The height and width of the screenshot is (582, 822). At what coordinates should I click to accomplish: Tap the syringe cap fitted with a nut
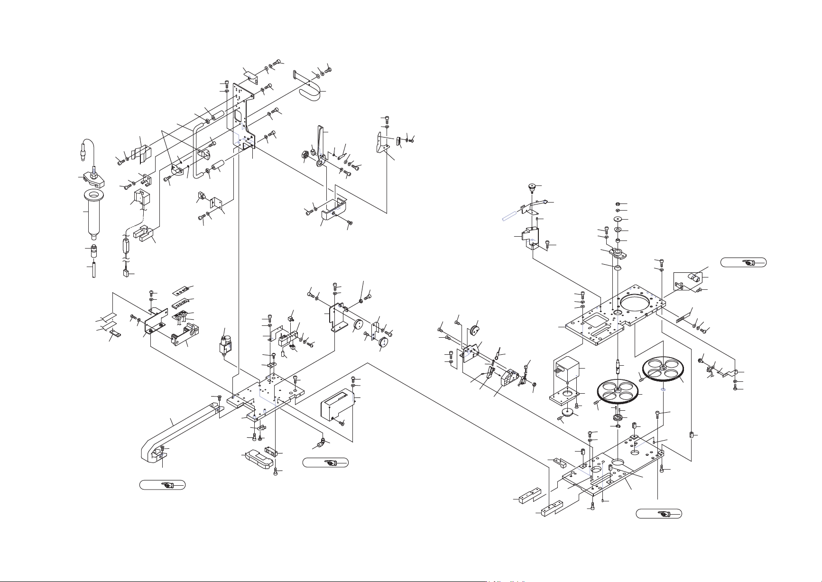click(x=93, y=177)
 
